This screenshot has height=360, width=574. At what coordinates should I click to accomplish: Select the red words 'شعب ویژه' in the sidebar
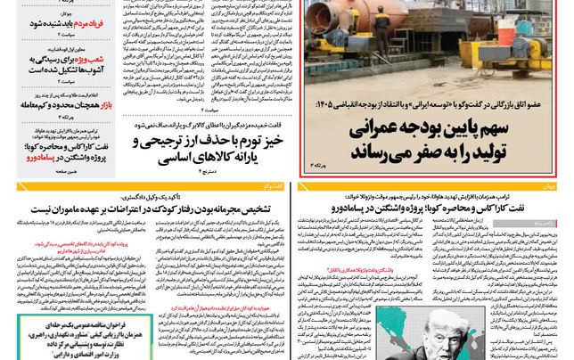coord(97,59)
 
